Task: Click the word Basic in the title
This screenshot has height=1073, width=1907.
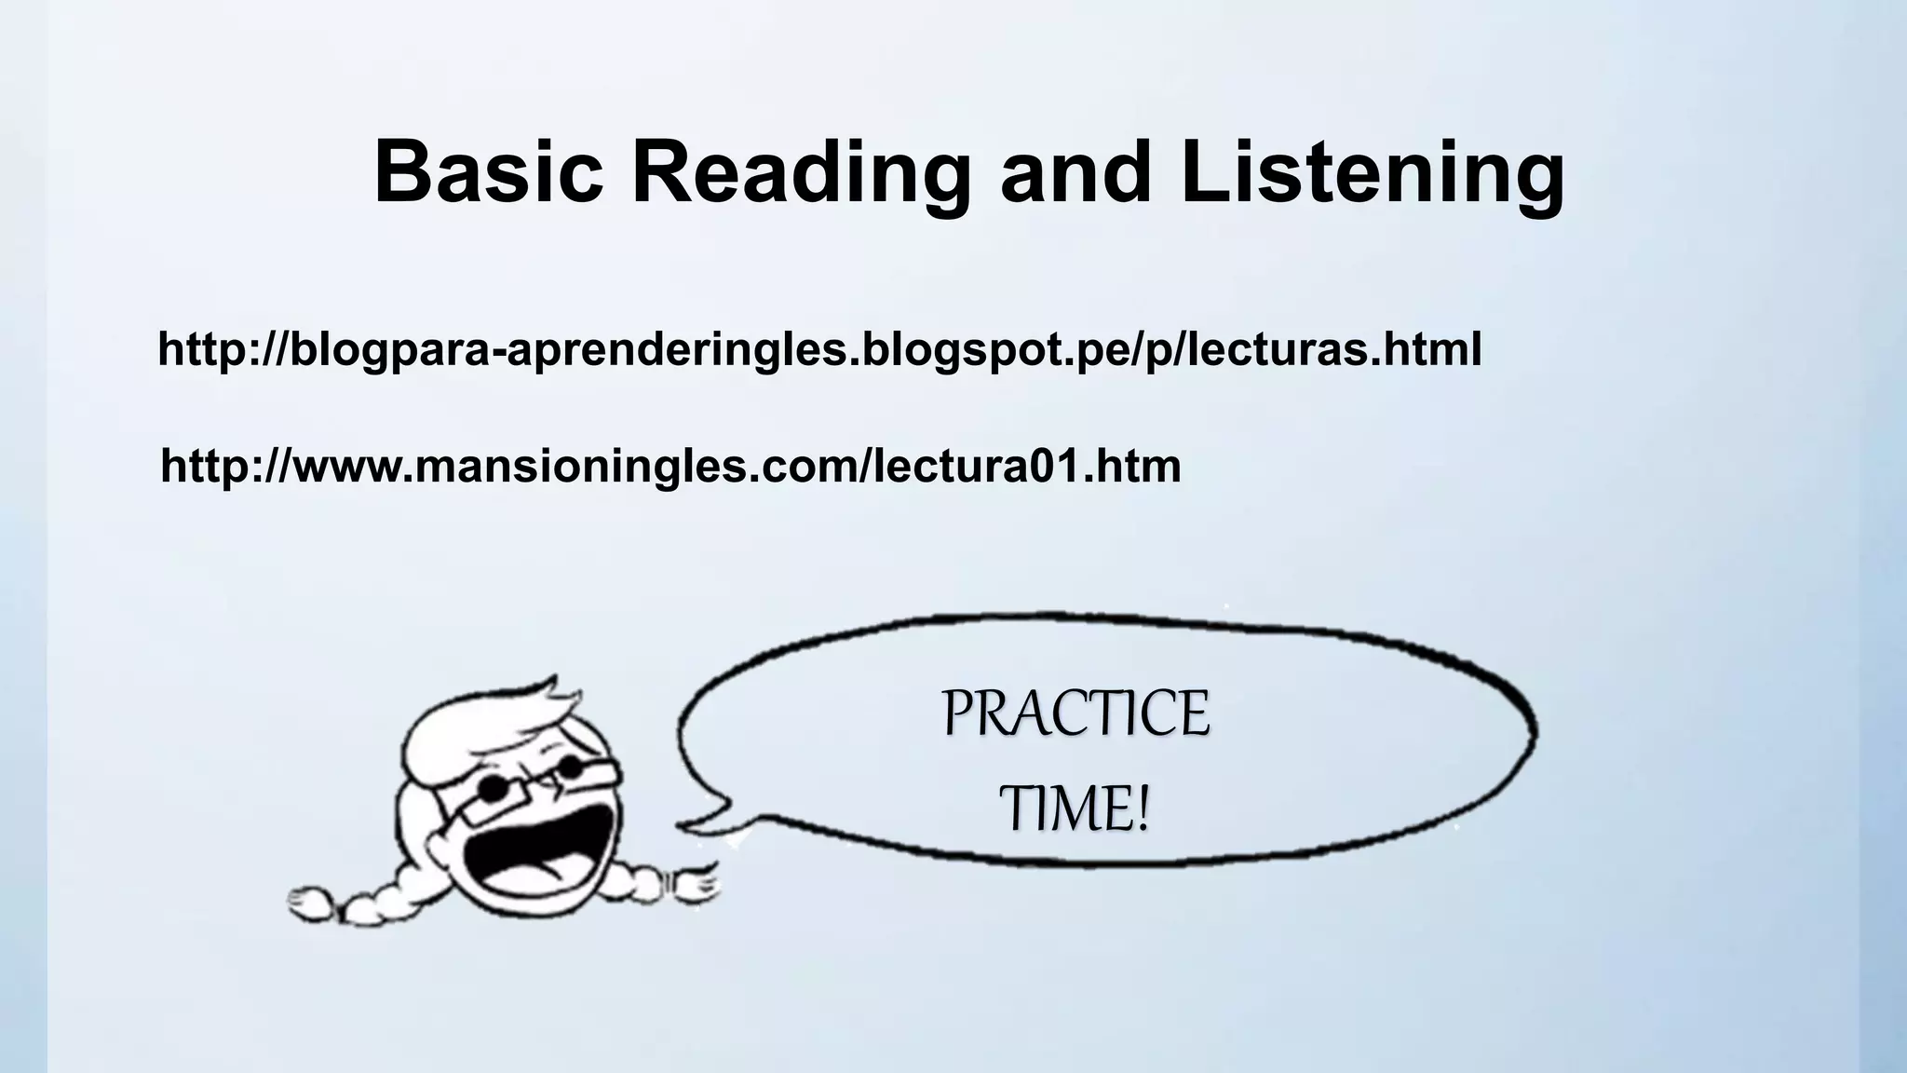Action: pos(488,173)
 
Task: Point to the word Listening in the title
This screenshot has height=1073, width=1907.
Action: pos(1373,173)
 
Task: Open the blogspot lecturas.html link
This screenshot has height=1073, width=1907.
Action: pos(818,350)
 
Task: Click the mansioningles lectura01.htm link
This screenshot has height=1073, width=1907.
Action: pos(670,467)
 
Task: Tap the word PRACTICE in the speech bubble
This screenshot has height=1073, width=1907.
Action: pos(1075,714)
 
